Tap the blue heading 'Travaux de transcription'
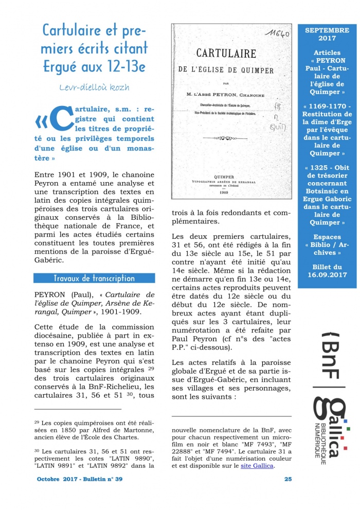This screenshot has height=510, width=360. pos(94,278)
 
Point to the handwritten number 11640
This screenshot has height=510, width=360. pos(278,35)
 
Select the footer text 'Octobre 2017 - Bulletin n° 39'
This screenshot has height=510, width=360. pos(80,479)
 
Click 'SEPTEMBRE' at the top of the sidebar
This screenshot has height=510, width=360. pos(327,30)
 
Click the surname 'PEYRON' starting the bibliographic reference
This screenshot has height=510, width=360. pos(48,294)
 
